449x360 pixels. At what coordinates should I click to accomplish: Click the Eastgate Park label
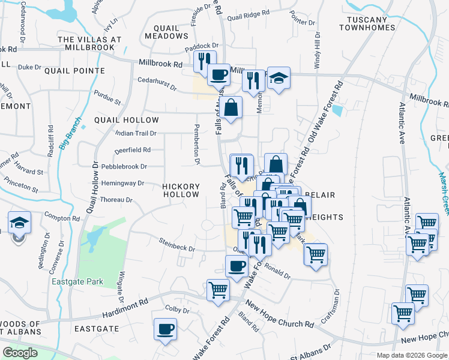(x=77, y=281)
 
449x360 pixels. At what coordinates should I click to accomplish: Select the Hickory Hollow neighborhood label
(x=181, y=191)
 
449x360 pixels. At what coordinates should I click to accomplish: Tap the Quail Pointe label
(x=74, y=71)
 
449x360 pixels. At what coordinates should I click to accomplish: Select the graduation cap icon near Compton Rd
(x=19, y=223)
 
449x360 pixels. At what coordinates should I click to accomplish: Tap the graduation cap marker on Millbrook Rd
(x=279, y=79)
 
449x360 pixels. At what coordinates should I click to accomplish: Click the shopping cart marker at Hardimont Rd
(x=218, y=290)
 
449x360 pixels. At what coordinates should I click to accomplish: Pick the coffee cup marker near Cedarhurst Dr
(x=218, y=74)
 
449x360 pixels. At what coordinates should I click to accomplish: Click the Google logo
(x=20, y=353)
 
